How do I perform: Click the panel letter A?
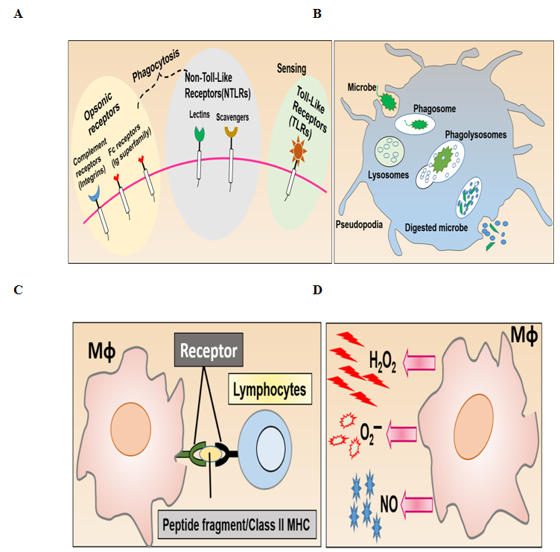tap(18, 13)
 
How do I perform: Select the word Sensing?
tap(290, 69)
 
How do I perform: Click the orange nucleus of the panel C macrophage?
tap(128, 426)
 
